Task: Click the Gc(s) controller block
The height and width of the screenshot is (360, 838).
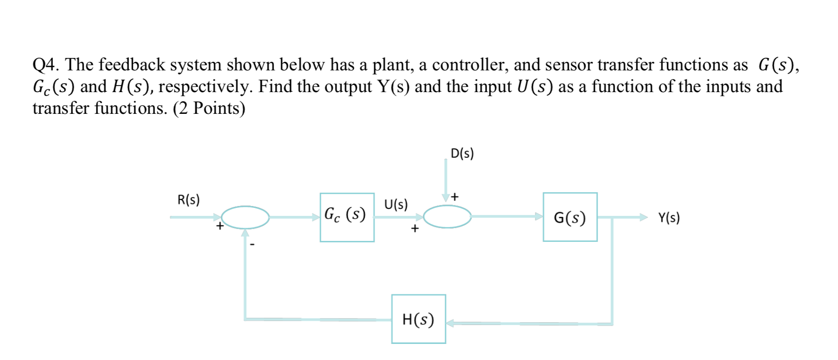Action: [347, 217]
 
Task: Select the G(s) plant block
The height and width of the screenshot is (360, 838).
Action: [570, 217]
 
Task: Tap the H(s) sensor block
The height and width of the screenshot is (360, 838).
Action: [418, 319]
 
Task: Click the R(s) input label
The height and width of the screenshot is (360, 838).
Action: [188, 200]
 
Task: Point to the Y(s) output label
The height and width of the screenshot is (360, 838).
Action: [669, 218]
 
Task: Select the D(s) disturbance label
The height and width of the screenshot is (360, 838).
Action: [462, 154]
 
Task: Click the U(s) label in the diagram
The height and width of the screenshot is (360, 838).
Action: [395, 205]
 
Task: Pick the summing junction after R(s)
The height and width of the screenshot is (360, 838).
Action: [245, 217]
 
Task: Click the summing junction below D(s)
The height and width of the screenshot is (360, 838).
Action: [447, 217]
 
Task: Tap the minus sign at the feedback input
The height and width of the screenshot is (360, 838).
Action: [252, 245]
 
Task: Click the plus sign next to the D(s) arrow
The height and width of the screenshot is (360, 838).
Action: [454, 197]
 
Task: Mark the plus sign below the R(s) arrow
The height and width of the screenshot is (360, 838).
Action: [220, 226]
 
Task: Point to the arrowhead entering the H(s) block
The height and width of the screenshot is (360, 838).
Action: [450, 323]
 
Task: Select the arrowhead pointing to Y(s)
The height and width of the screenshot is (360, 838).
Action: [643, 217]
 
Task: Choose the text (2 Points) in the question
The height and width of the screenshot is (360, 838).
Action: [209, 108]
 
